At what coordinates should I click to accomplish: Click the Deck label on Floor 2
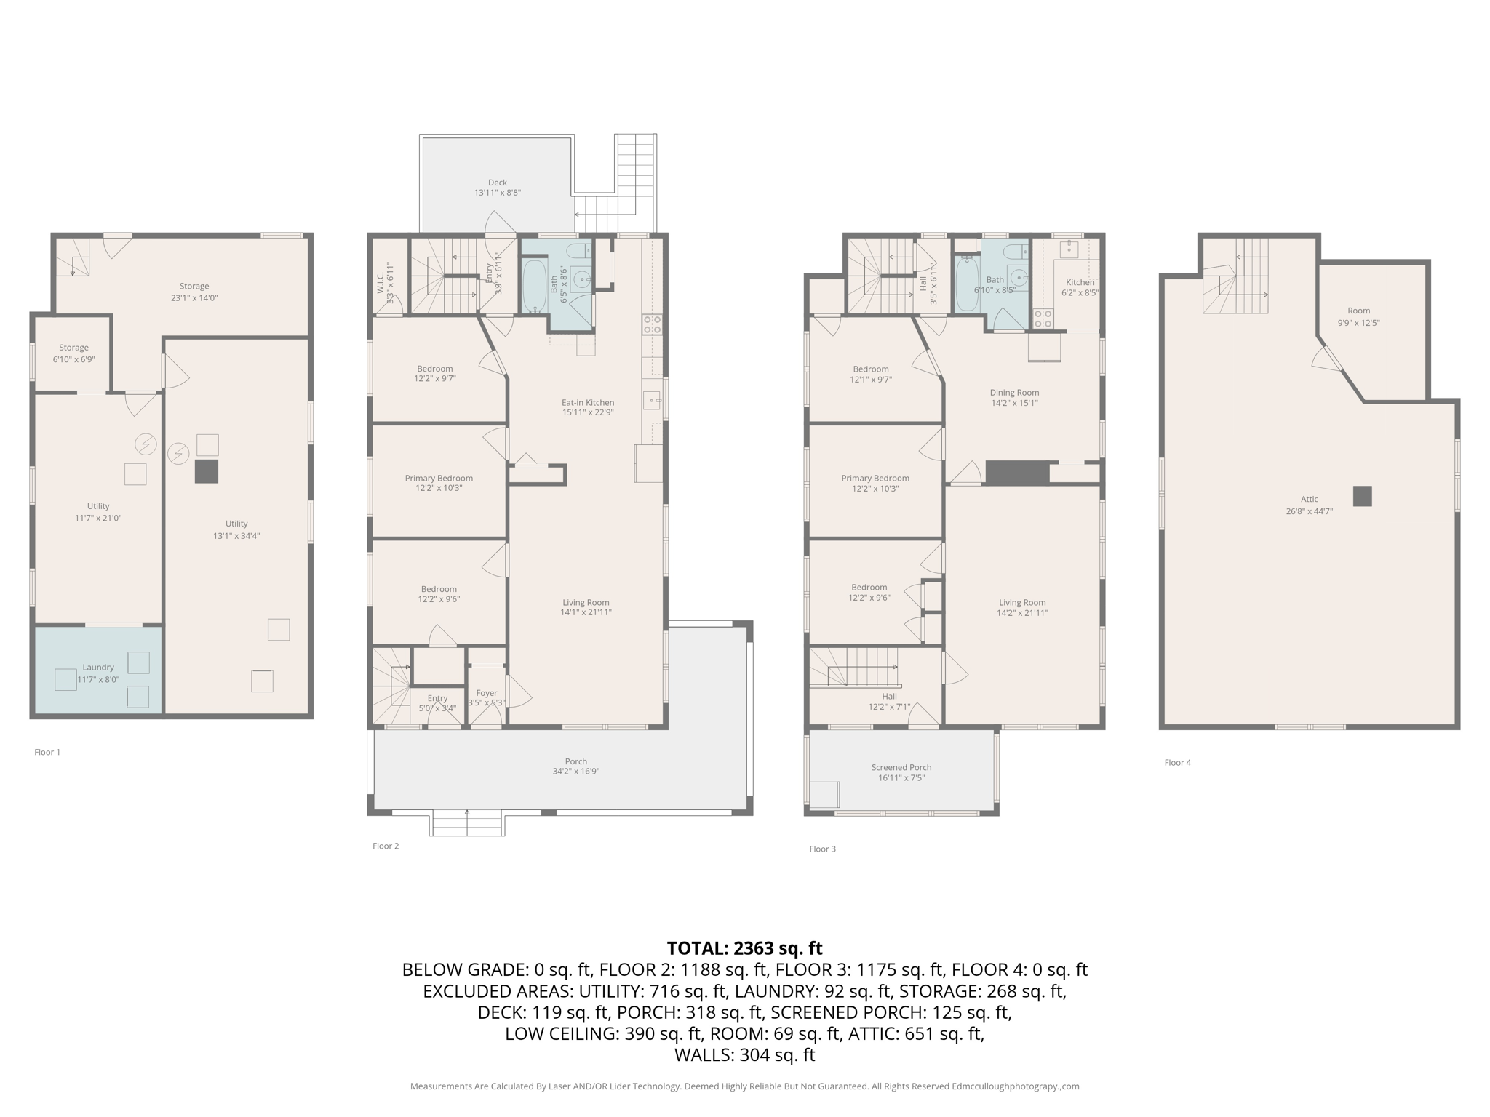pyautogui.click(x=498, y=183)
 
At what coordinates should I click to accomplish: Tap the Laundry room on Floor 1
pyautogui.click(x=98, y=672)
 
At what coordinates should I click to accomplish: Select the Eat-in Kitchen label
pyautogui.click(x=587, y=402)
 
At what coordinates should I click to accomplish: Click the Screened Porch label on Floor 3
pyautogui.click(x=901, y=767)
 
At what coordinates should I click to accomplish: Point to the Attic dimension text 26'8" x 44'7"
pyautogui.click(x=1309, y=511)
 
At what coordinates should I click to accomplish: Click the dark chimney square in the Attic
pyautogui.click(x=1362, y=496)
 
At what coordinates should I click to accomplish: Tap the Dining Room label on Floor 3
pyautogui.click(x=1014, y=393)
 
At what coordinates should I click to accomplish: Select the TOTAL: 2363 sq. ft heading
pyautogui.click(x=744, y=948)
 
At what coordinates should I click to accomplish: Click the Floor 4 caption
pyautogui.click(x=1177, y=762)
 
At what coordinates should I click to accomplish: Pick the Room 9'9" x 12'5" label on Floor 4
pyautogui.click(x=1358, y=316)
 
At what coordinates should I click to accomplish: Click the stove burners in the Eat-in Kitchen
pyautogui.click(x=652, y=324)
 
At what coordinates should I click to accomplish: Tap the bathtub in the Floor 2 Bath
pyautogui.click(x=534, y=286)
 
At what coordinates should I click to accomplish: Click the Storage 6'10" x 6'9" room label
pyautogui.click(x=73, y=353)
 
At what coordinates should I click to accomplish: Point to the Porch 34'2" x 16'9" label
pyautogui.click(x=575, y=766)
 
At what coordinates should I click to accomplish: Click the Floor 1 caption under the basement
pyautogui.click(x=47, y=752)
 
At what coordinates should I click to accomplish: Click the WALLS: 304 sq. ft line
pyautogui.click(x=744, y=1055)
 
